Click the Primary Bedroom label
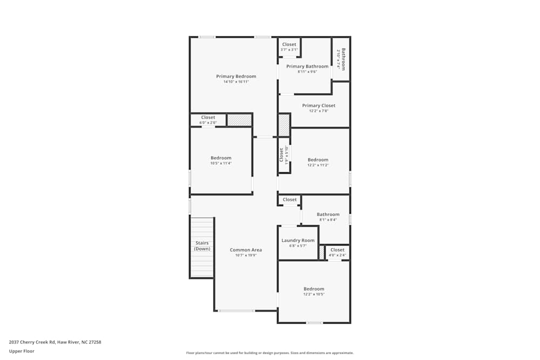pos(236,76)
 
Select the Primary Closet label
pos(319,105)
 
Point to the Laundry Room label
pos(298,240)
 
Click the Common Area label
pos(246,250)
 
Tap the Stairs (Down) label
pos(202,246)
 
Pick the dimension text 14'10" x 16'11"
pos(236,82)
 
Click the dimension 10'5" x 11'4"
pos(221,164)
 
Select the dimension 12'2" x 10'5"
pos(314,295)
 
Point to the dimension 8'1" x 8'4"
pos(328,220)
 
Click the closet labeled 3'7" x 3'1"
pos(289,47)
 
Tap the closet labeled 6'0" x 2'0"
pos(208,120)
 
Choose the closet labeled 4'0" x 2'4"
pos(337,252)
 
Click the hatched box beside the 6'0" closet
pos(239,120)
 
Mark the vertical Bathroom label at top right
pos(341,59)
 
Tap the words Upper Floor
pos(22,351)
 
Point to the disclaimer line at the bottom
pos(269,353)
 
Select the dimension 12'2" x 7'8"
pos(319,111)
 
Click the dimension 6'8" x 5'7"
pos(298,246)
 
